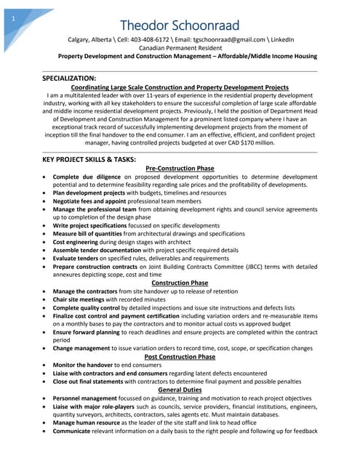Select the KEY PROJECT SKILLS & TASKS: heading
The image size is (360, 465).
point(89,159)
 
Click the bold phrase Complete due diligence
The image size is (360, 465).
point(87,177)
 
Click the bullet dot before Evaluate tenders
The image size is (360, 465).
point(47,258)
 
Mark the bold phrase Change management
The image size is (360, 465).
point(85,349)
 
